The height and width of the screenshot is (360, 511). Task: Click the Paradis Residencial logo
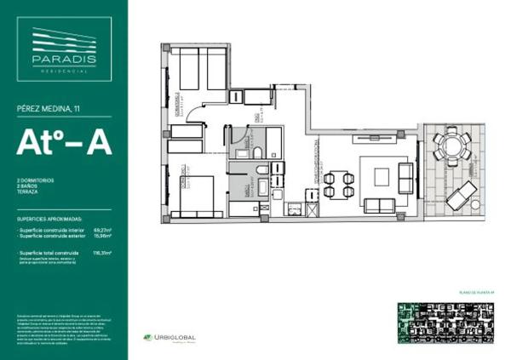click(x=63, y=50)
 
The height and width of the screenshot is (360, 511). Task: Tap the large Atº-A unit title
click(x=64, y=142)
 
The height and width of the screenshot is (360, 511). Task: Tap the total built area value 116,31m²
click(x=104, y=253)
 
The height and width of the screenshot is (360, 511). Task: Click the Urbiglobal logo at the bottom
click(x=169, y=338)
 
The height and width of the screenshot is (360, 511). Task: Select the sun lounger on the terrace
click(x=465, y=196)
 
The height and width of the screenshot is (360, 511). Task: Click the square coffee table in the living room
click(x=381, y=176)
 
